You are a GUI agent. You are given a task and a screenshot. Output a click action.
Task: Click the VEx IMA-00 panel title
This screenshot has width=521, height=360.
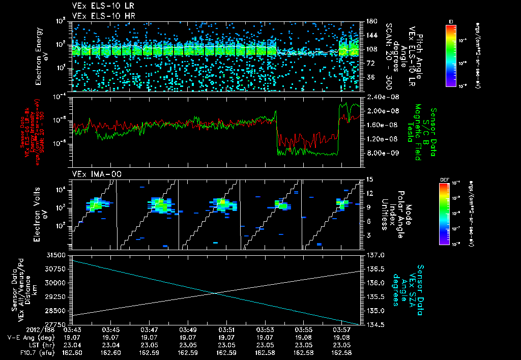pos(93,174)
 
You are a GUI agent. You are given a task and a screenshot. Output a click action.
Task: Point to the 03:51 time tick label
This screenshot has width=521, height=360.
pos(226,330)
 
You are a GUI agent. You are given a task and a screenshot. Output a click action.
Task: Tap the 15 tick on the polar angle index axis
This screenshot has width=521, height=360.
pos(369,179)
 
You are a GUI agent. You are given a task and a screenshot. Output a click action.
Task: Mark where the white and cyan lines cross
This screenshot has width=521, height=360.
pos(216,293)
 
